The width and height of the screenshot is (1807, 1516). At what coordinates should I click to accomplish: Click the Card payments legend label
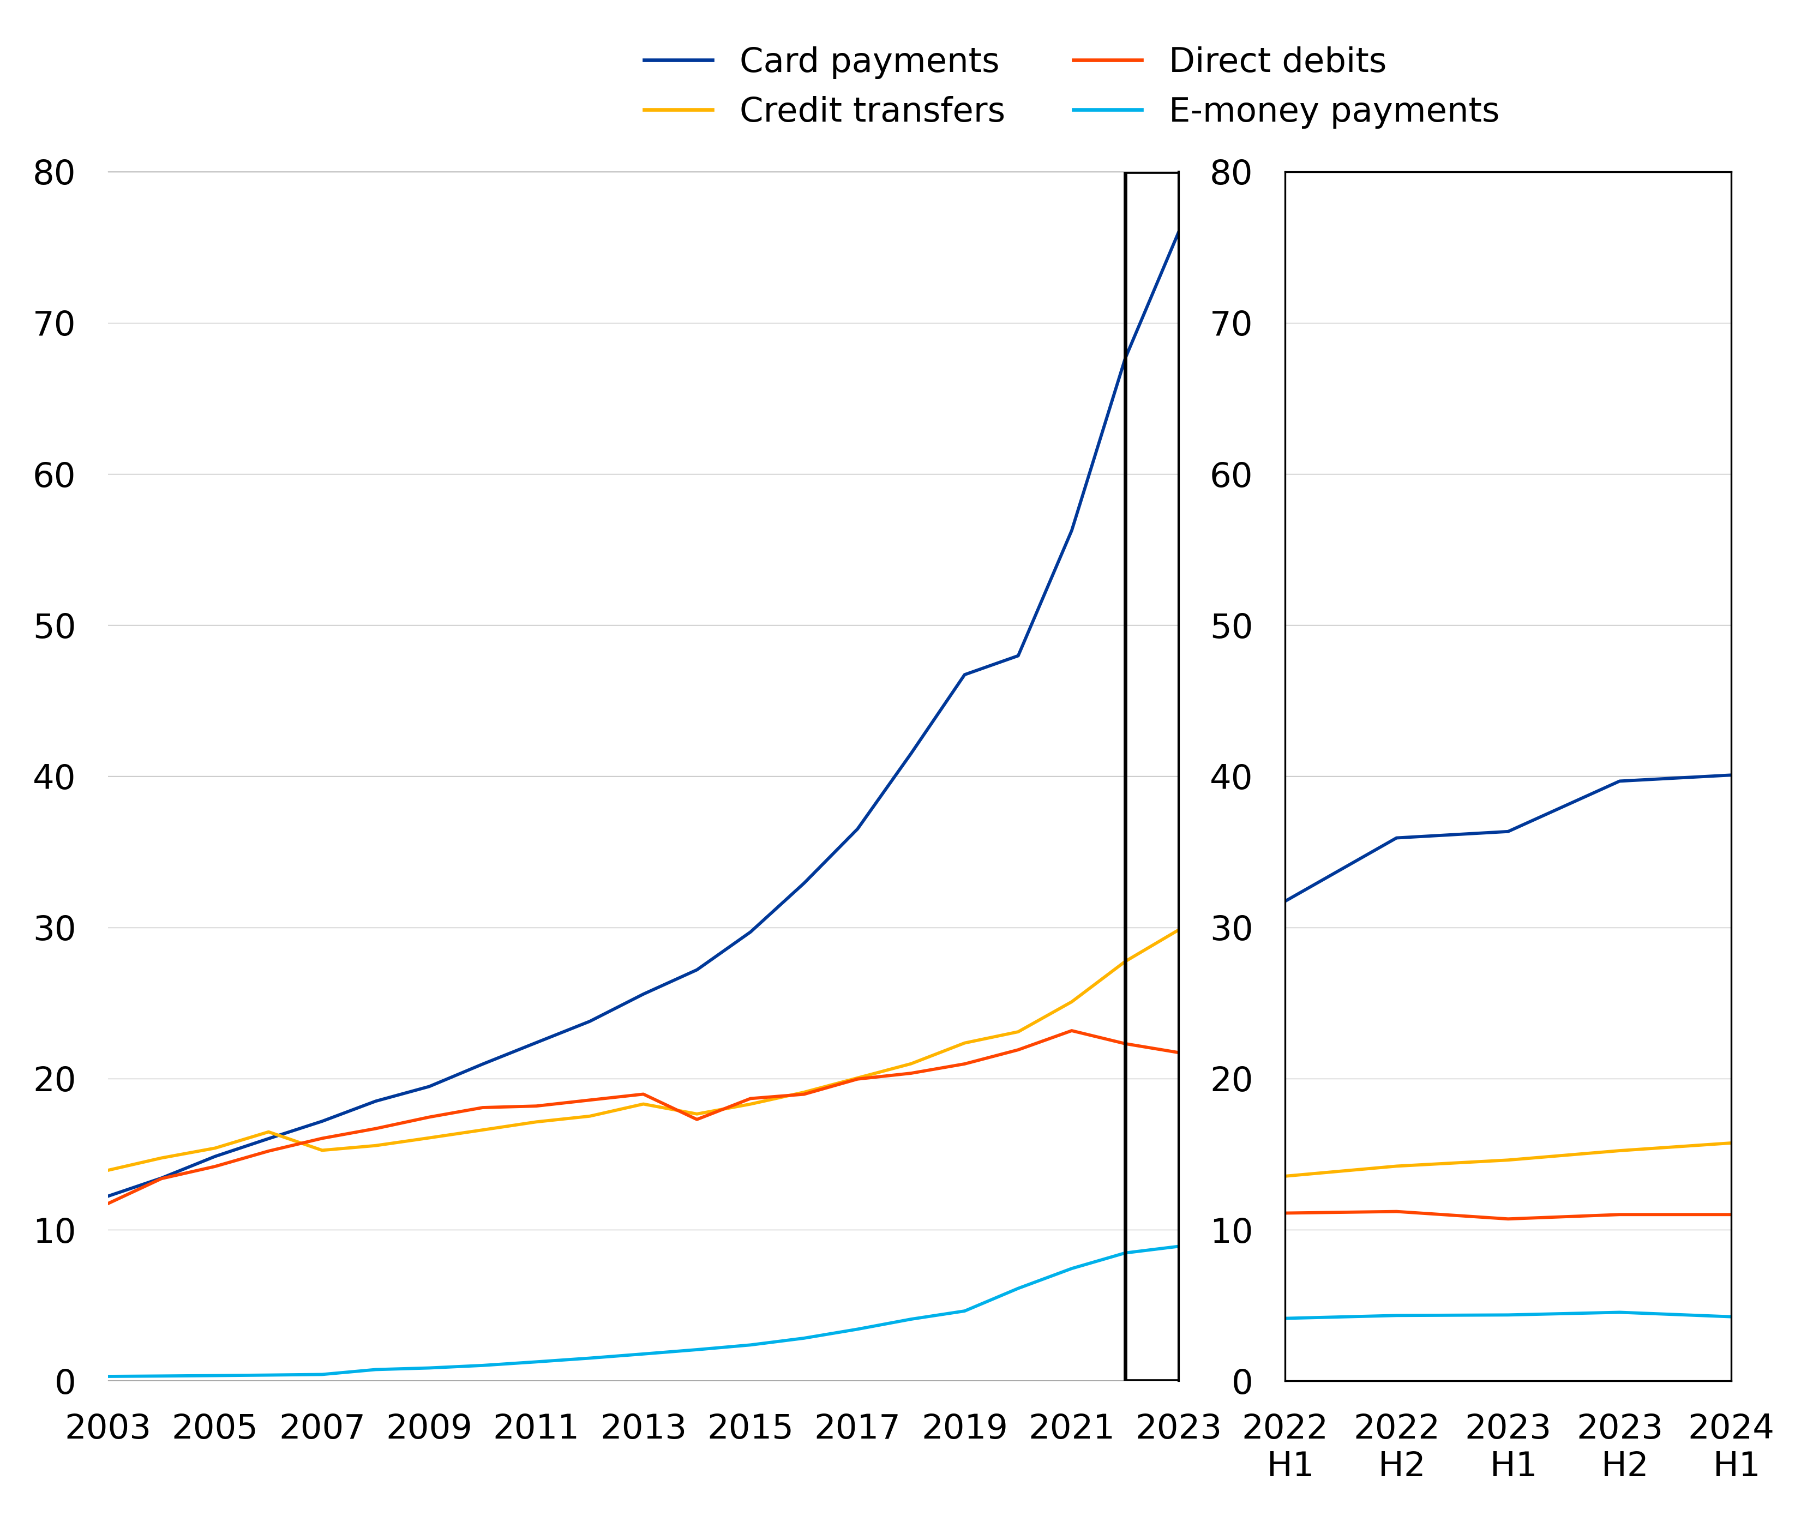click(868, 61)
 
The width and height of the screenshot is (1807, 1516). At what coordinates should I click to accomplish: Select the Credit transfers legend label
click(871, 111)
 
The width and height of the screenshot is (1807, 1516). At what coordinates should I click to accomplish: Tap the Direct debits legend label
click(1277, 61)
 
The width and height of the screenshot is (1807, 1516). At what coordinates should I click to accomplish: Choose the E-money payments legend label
click(1333, 111)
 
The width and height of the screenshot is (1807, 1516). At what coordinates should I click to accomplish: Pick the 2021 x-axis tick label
click(1071, 1428)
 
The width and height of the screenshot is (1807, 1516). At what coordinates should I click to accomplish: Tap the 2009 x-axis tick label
click(429, 1428)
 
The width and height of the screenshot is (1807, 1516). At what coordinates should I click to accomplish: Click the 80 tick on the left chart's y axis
click(54, 173)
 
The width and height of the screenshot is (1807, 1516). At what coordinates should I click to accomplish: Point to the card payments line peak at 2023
click(1177, 232)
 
